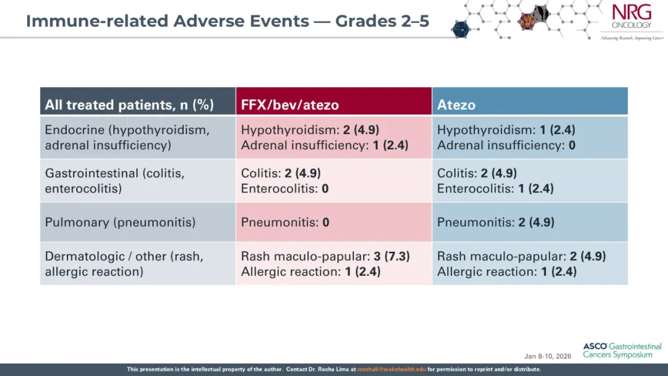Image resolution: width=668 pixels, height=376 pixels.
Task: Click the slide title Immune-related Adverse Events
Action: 168,21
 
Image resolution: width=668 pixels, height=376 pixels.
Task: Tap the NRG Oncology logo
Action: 632,21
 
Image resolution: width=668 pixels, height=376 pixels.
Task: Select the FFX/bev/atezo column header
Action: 289,105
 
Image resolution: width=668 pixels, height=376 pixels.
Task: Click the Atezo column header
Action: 456,105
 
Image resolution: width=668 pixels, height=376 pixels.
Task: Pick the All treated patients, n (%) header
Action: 129,105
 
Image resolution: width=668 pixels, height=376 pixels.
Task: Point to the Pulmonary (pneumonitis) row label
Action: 120,222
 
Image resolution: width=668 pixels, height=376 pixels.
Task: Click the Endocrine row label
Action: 127,137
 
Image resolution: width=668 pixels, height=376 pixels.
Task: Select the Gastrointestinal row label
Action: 114,181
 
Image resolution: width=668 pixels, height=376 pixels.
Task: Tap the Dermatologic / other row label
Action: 124,263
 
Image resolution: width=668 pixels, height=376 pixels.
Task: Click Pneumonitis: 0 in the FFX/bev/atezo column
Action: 285,222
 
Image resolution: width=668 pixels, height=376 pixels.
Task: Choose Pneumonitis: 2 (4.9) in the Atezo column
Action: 495,222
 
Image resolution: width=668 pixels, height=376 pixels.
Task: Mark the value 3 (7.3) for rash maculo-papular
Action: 392,257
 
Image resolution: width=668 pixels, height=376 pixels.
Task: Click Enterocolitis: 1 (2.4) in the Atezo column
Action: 495,189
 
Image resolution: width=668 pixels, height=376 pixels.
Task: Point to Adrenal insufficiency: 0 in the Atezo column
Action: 506,145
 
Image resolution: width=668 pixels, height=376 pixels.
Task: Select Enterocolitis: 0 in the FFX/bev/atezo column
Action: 285,189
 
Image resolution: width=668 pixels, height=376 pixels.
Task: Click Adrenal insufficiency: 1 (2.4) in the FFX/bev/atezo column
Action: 325,145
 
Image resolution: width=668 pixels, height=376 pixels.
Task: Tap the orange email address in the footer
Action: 391,369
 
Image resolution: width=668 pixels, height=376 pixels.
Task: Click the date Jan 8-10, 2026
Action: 547,356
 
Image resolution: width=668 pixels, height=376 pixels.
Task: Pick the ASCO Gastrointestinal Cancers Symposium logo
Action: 622,351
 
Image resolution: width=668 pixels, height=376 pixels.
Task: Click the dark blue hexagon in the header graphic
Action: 461,30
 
